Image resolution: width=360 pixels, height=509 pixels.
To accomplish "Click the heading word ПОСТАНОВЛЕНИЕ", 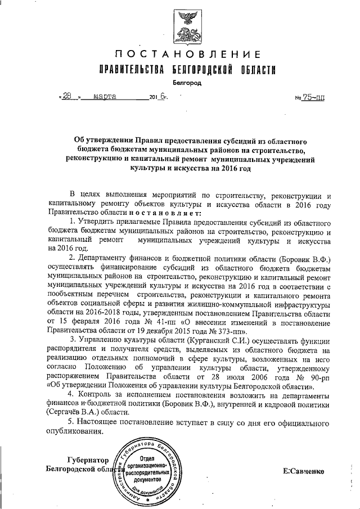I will pos(188,55).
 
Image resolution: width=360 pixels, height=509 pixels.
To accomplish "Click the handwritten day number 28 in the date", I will pos(68,96).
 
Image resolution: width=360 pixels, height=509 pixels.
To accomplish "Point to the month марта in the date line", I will pos(105,96).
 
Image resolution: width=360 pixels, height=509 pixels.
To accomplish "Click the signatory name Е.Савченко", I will pos(304,470).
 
